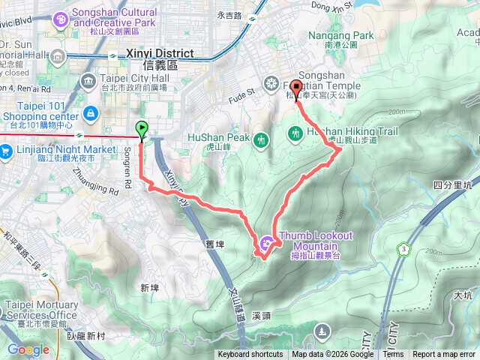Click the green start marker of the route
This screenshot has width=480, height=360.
tap(142, 129)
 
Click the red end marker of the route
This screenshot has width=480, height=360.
tap(295, 90)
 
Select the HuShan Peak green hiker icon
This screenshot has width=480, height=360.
tap(261, 139)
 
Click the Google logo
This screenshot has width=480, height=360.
tap(28, 349)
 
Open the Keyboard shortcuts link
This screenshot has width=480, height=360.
tap(250, 355)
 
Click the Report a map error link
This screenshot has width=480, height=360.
tap(444, 355)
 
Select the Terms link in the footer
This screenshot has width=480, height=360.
tap(393, 355)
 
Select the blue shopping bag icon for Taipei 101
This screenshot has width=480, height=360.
tap(91, 113)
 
